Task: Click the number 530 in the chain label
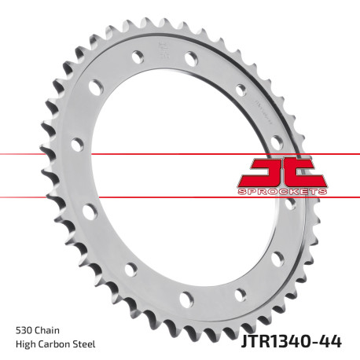[x=23, y=329]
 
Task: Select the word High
[x=25, y=344]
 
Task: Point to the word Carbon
[x=56, y=344]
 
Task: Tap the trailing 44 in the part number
[x=332, y=343]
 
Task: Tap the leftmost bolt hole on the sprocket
[x=76, y=145]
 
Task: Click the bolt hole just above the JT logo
[x=276, y=141]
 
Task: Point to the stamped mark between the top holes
[x=164, y=55]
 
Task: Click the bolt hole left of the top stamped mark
[x=138, y=57]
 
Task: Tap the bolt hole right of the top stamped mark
[x=191, y=58]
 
